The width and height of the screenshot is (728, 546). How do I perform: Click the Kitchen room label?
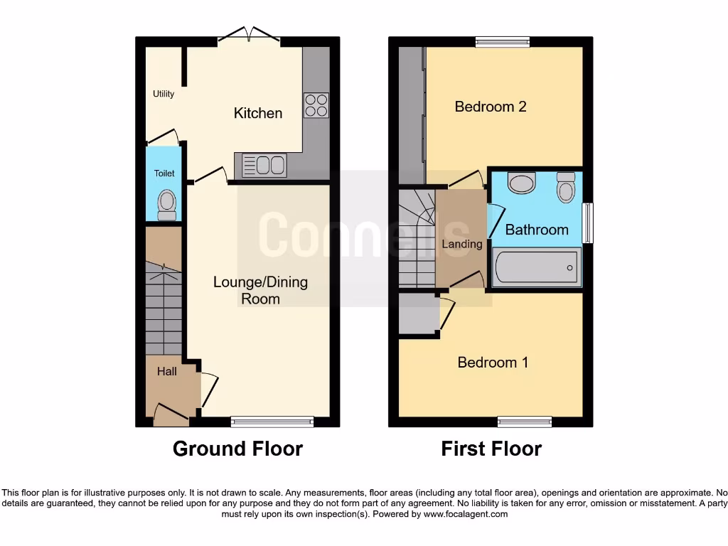pos(258,113)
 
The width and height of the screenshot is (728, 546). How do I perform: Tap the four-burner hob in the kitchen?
pos(316,105)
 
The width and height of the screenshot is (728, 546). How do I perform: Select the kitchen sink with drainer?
pos(264,166)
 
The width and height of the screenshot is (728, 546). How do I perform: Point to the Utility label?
pos(164,94)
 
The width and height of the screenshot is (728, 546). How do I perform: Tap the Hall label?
pos(167,371)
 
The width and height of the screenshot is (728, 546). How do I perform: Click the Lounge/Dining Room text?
pos(260,290)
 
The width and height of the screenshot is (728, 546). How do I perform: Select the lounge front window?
pos(272,422)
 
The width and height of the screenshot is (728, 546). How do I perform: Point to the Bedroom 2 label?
pos(491,107)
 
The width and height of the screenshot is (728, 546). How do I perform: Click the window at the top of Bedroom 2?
pos(503,42)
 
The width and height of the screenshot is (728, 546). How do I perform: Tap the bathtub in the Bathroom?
pos(537,267)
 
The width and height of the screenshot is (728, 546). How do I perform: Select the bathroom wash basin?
pos(523,183)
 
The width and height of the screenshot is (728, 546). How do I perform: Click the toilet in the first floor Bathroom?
pos(566,188)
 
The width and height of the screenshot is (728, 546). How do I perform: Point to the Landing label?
pos(462,244)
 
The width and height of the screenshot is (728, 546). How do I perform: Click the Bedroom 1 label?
pos(493,363)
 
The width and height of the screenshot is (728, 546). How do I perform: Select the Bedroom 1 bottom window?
pos(525,422)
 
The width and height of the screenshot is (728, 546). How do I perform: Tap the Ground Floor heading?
pos(237,449)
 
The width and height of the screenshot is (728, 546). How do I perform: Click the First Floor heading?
pos(491,449)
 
